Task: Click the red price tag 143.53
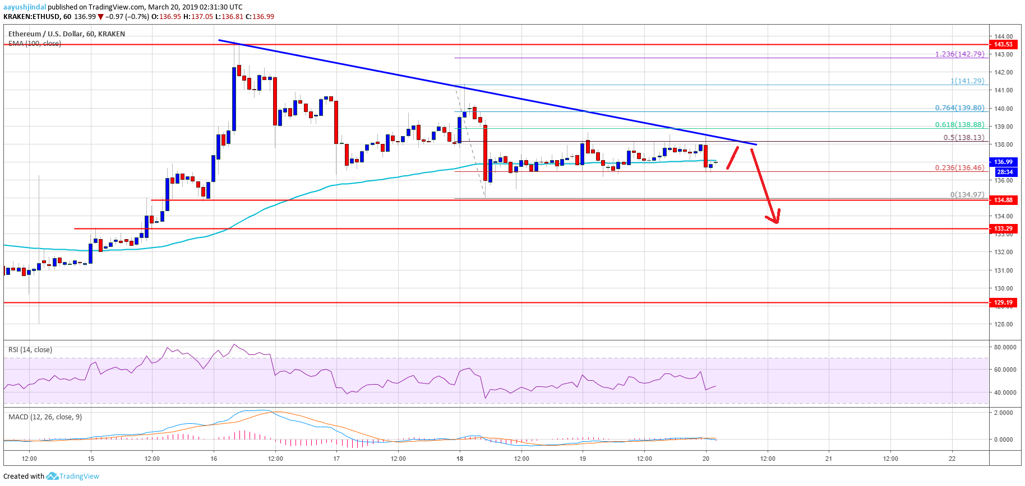pyautogui.click(x=1003, y=44)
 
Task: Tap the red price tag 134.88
pyautogui.click(x=1003, y=200)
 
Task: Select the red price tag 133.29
pyautogui.click(x=1003, y=228)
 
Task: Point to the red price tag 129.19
pyautogui.click(x=1003, y=302)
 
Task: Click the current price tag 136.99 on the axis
pyautogui.click(x=1003, y=162)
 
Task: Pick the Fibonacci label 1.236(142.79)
pyautogui.click(x=959, y=54)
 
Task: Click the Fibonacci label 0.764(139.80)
pyautogui.click(x=959, y=108)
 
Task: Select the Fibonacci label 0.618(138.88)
pyautogui.click(x=959, y=125)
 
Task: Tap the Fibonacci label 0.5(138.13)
pyautogui.click(x=963, y=137)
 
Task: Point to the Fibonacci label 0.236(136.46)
pyautogui.click(x=959, y=167)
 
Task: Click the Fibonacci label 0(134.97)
pyautogui.click(x=967, y=195)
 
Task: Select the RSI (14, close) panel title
pyautogui.click(x=30, y=350)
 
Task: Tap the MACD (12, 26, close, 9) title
pyautogui.click(x=45, y=417)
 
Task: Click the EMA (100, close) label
pyautogui.click(x=35, y=44)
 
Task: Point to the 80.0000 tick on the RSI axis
pyautogui.click(x=1005, y=347)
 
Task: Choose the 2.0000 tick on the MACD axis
pyautogui.click(x=1003, y=413)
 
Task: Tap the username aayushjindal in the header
pyautogui.click(x=25, y=7)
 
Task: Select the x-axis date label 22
pyautogui.click(x=952, y=459)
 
